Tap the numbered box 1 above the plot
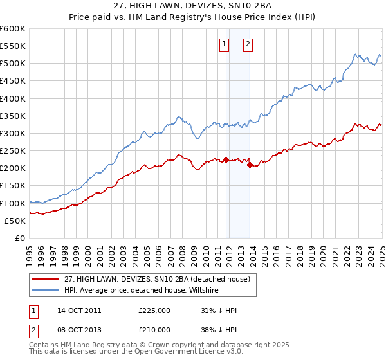pyautogui.click(x=225, y=44)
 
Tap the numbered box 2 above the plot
pyautogui.click(x=248, y=44)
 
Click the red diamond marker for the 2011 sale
pyautogui.click(x=226, y=159)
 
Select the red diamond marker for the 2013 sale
pyautogui.click(x=250, y=165)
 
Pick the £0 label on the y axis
pyautogui.click(x=19, y=239)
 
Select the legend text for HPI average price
pyautogui.click(x=142, y=291)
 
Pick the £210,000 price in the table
pyautogui.click(x=154, y=330)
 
